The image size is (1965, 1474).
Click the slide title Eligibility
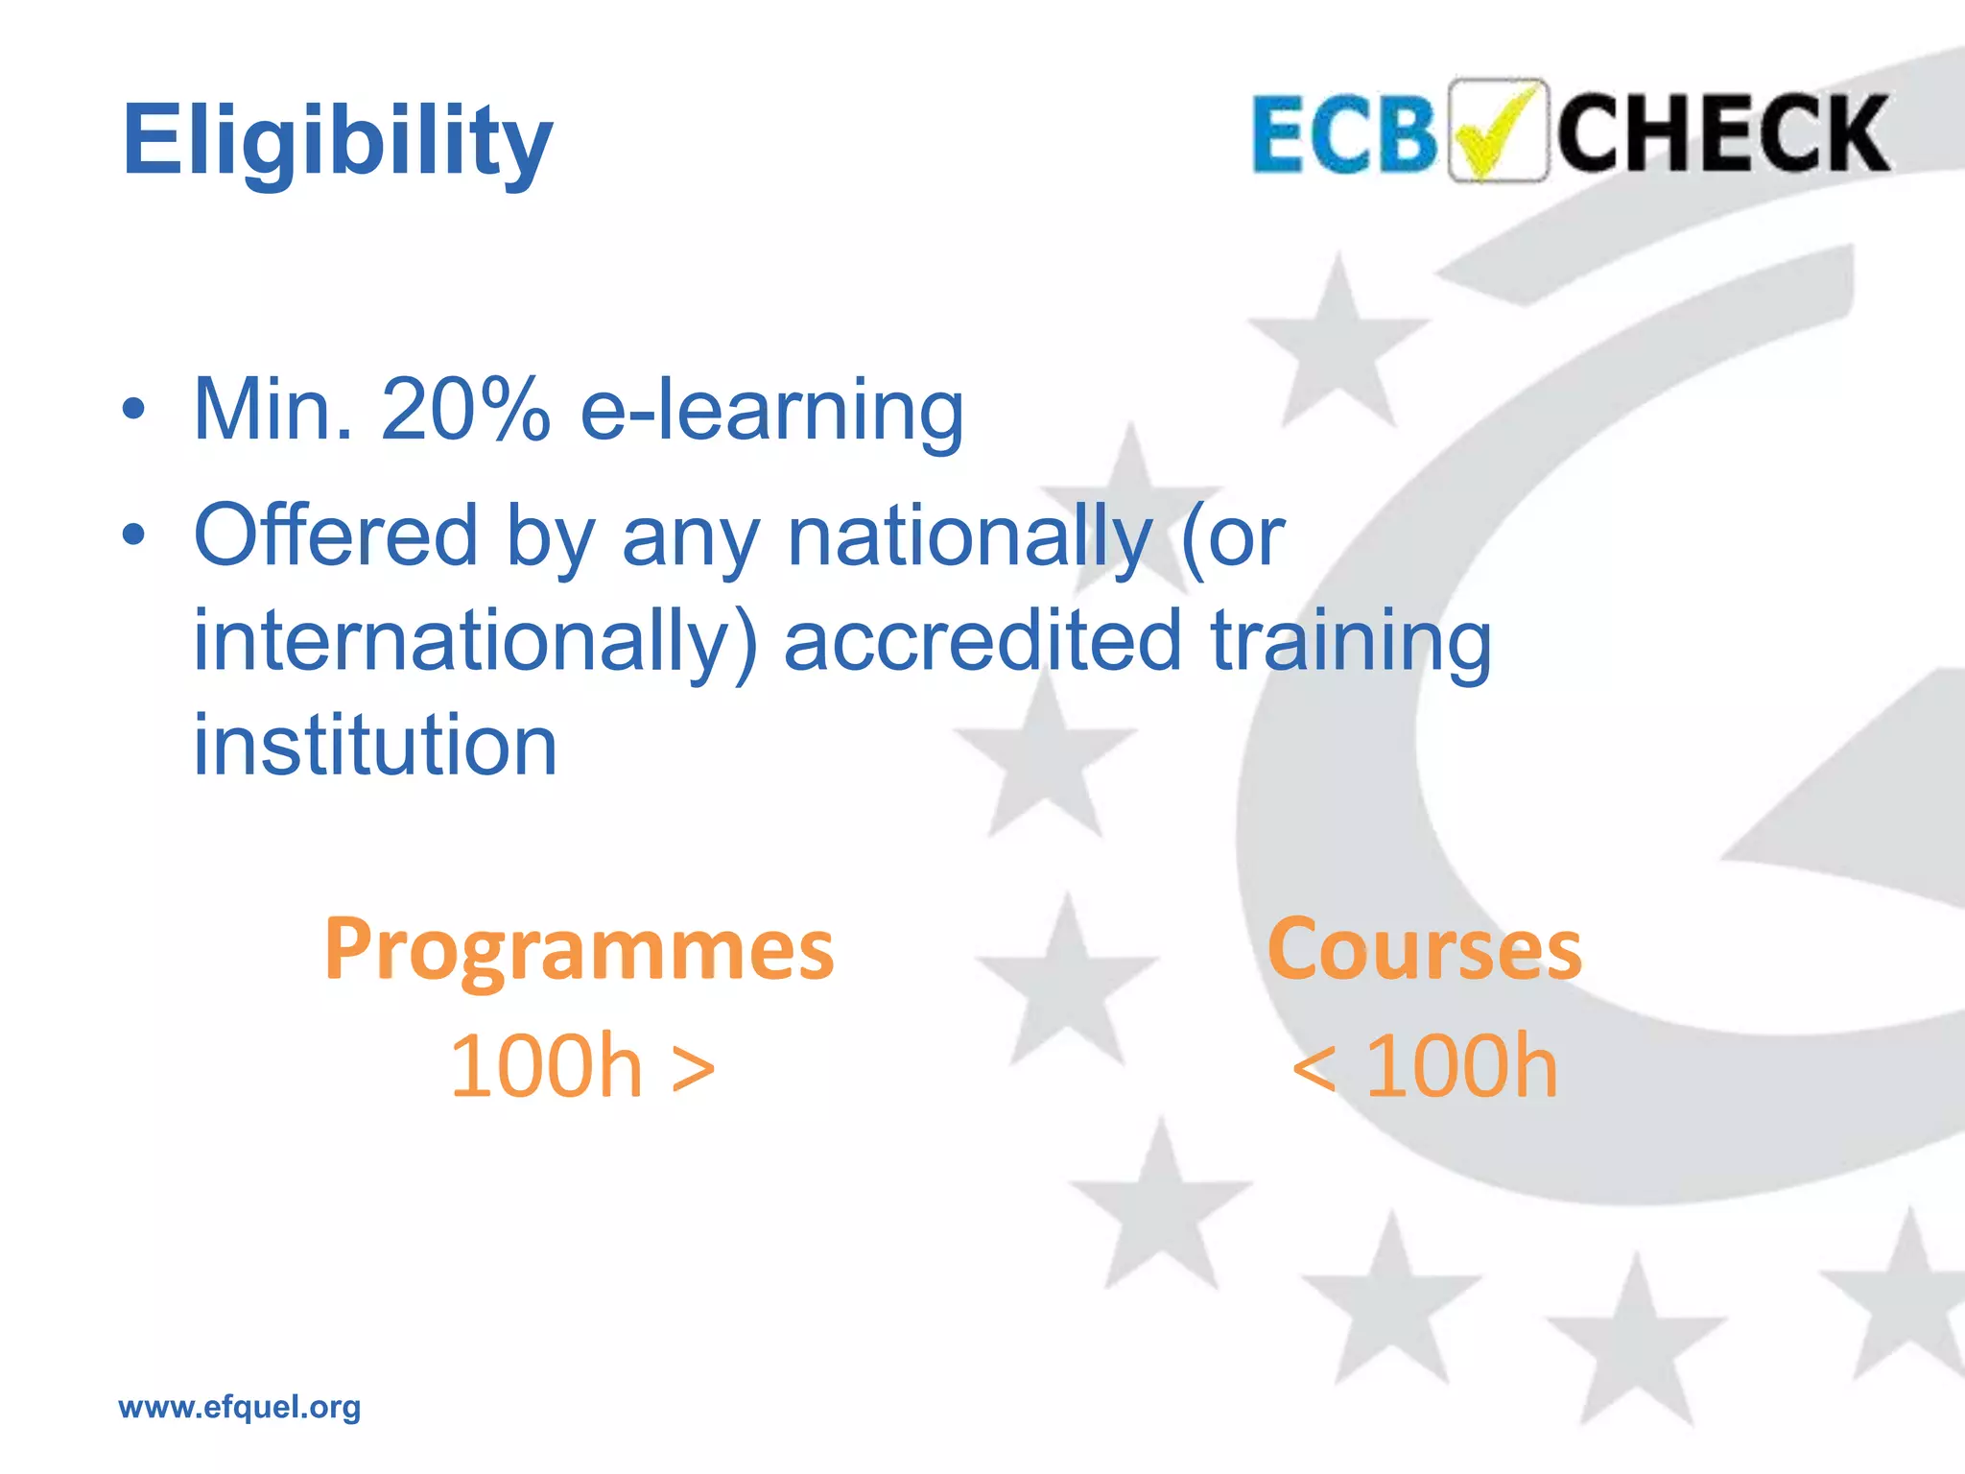[x=338, y=142]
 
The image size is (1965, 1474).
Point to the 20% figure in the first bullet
[x=465, y=410]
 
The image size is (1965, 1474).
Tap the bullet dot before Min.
[x=134, y=410]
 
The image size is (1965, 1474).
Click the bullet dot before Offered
[x=134, y=534]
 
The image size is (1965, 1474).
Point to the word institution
[x=375, y=745]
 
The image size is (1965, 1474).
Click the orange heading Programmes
[x=580, y=950]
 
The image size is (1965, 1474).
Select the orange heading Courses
[x=1424, y=950]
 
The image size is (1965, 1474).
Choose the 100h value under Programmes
[x=545, y=1067]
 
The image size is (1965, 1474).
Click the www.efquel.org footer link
[x=240, y=1407]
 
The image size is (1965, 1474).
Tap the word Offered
[x=336, y=535]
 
